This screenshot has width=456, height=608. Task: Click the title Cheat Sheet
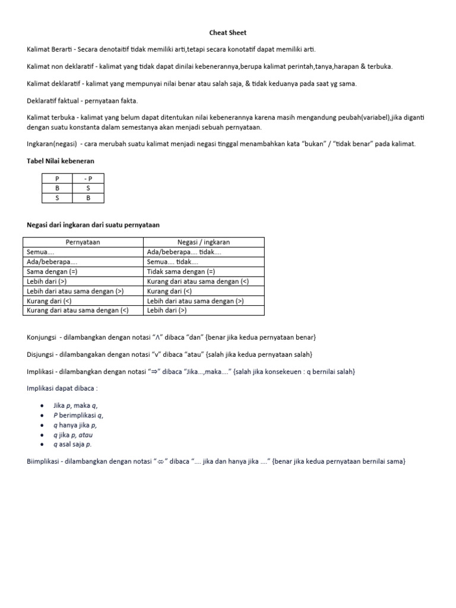pos(227,33)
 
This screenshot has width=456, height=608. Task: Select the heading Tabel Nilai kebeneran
pos(60,160)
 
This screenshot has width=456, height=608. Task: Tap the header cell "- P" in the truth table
pos(88,178)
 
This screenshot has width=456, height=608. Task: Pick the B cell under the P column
pos(57,188)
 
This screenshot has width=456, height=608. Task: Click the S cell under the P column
pos(57,198)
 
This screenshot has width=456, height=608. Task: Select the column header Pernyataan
pos(83,242)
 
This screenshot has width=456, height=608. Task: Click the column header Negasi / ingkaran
pos(204,242)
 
